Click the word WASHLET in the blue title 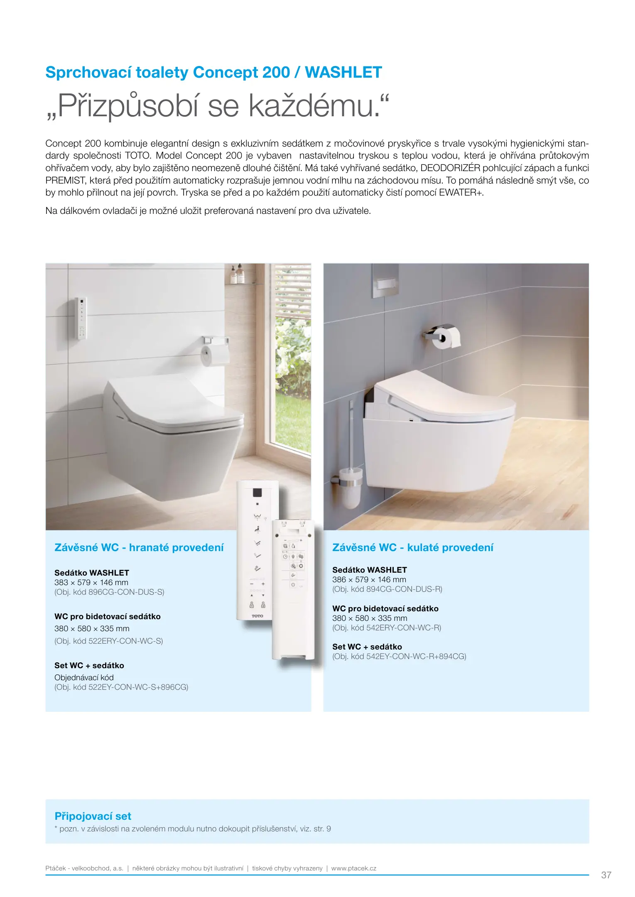[x=343, y=73]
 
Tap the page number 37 [x=606, y=875]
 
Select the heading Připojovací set [x=93, y=816]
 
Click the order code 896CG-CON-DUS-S [x=126, y=592]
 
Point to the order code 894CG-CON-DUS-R [x=404, y=589]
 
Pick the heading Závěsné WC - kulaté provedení [x=413, y=547]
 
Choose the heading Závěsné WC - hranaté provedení [x=139, y=547]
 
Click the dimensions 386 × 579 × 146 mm [x=369, y=579]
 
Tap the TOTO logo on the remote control [x=257, y=616]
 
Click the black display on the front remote [x=257, y=493]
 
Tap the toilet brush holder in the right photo [x=348, y=486]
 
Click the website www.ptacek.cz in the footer [x=353, y=868]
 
